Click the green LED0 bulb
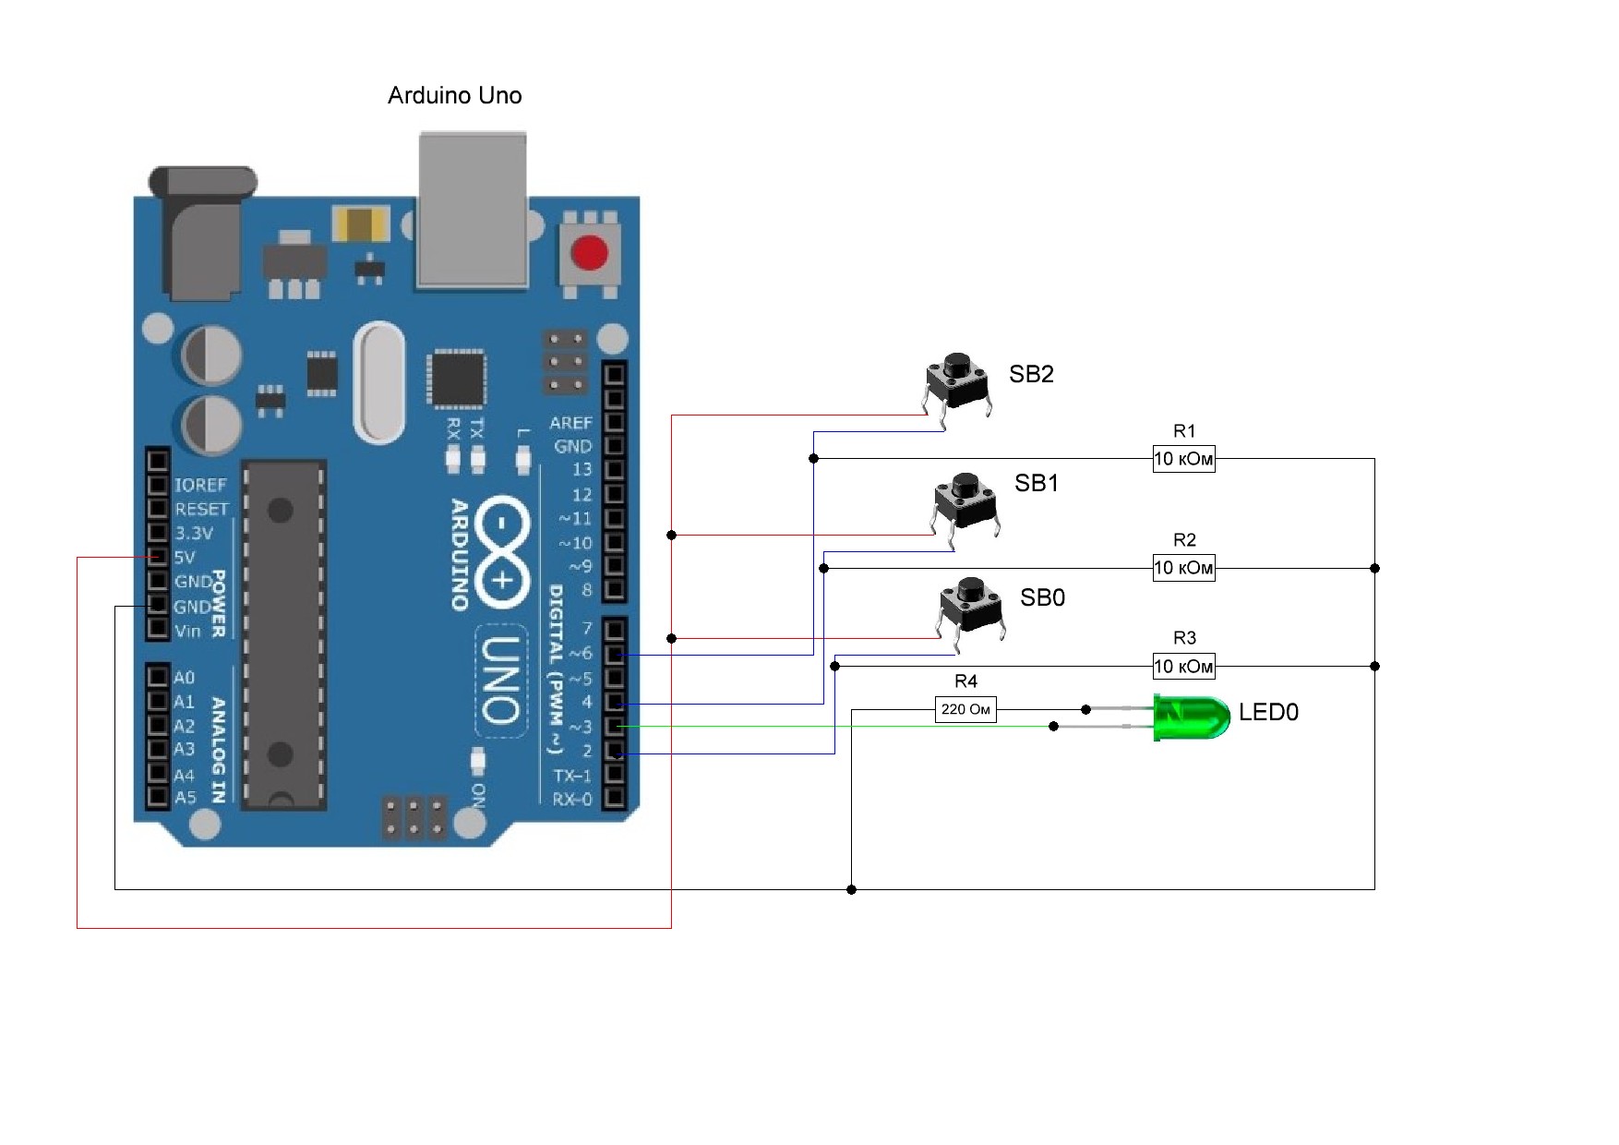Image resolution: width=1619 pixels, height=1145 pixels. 1192,717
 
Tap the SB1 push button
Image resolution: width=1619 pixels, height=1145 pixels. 965,503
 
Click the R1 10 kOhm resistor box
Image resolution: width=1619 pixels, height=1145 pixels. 1183,459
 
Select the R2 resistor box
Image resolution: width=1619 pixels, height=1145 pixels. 1183,568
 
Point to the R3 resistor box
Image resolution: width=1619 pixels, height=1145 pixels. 1183,666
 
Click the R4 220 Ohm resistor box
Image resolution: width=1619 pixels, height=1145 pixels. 965,710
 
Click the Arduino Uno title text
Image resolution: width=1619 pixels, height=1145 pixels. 454,96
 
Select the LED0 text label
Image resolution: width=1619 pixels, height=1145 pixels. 1268,712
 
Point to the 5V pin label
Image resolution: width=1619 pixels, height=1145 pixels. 185,558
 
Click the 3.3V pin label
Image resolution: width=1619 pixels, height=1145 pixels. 194,533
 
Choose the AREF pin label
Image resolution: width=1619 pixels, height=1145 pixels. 570,423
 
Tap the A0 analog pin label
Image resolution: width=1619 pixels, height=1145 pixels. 185,678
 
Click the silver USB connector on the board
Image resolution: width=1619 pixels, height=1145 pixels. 473,211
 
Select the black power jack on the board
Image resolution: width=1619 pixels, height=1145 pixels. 203,235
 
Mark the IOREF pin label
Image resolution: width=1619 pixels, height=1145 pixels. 200,485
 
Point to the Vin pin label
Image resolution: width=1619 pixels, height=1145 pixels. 187,632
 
